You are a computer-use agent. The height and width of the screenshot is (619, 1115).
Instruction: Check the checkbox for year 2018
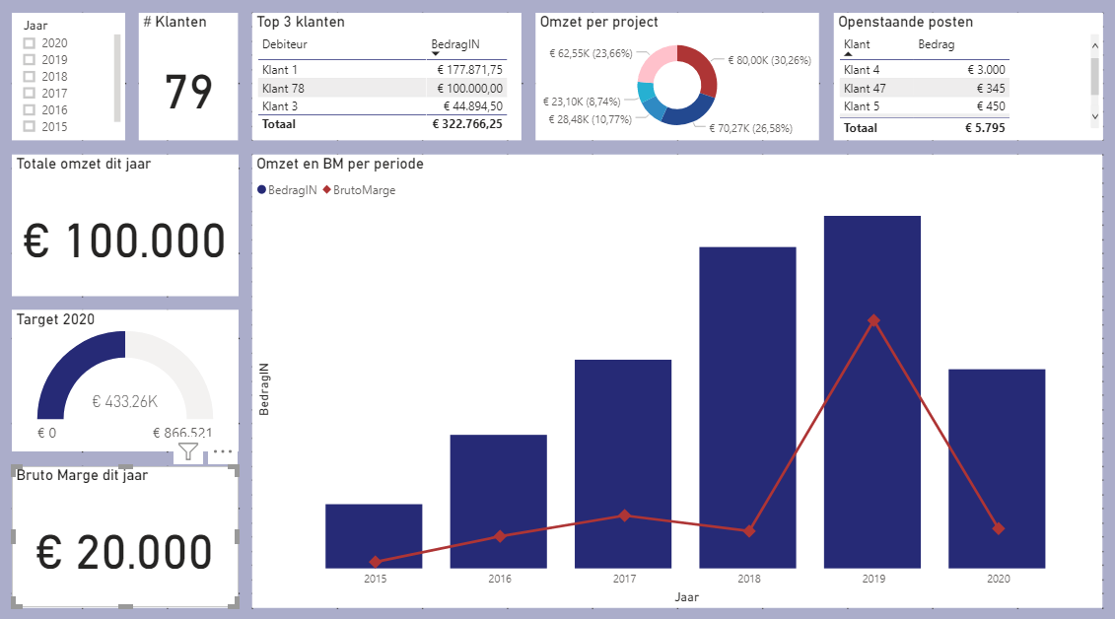[30, 77]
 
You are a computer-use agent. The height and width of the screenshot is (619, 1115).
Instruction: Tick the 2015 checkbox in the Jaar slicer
[30, 126]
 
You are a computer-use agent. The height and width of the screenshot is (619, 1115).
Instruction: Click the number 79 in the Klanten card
[188, 93]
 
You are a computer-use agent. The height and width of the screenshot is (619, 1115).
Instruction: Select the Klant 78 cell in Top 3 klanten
[283, 88]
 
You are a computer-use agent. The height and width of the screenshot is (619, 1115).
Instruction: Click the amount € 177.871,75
[469, 70]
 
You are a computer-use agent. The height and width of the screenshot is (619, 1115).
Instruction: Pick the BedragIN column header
[455, 44]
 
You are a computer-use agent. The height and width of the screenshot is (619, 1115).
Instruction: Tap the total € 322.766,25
[467, 123]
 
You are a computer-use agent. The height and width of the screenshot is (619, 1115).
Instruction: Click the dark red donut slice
[700, 69]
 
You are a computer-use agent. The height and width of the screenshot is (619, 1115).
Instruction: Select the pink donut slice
[655, 63]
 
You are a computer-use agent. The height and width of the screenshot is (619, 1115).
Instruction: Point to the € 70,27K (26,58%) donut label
[750, 129]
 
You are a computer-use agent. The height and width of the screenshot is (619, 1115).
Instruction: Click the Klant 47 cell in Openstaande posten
[865, 88]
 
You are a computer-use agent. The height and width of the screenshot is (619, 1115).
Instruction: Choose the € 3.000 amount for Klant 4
[986, 70]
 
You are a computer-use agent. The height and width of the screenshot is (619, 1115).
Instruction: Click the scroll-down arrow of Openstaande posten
[1095, 116]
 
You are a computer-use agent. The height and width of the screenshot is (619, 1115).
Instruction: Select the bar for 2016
[499, 501]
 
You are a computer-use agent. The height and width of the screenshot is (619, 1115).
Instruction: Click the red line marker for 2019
[873, 320]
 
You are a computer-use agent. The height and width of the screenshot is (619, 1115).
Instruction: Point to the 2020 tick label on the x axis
[998, 579]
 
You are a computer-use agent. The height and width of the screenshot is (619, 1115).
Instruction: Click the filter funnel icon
[187, 451]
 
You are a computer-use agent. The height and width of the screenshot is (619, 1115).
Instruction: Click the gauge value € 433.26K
[125, 401]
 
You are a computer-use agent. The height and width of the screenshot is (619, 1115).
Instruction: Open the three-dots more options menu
[223, 451]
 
